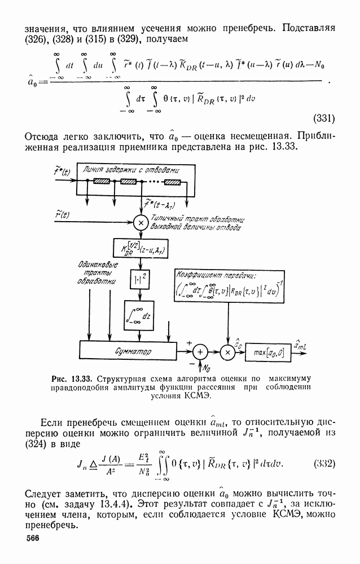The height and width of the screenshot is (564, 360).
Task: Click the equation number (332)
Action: pyautogui.click(x=324, y=464)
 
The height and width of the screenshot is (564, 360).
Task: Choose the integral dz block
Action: pyautogui.click(x=138, y=315)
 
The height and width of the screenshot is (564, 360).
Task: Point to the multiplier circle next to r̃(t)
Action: pyautogui.click(x=139, y=222)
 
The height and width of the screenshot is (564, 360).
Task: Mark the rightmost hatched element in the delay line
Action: pyautogui.click(x=173, y=182)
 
